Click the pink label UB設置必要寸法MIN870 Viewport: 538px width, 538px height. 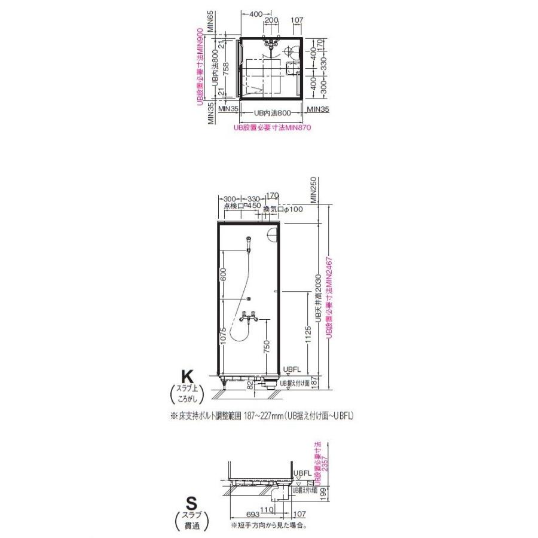(273, 127)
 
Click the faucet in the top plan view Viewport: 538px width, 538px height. (272, 42)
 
